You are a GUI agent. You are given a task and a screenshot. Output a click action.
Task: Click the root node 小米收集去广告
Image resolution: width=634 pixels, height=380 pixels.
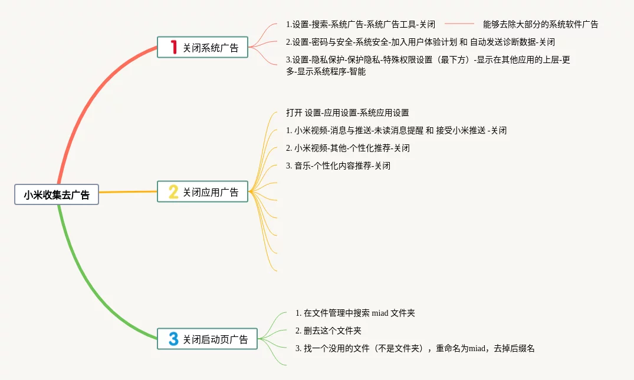(x=57, y=194)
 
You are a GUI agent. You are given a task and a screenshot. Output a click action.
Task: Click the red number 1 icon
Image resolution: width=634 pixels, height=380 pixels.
(x=173, y=48)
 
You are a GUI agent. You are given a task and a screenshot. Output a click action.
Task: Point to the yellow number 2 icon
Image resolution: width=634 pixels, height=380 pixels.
(x=173, y=192)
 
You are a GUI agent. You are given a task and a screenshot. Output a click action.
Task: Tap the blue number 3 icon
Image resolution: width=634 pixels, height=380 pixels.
(x=173, y=339)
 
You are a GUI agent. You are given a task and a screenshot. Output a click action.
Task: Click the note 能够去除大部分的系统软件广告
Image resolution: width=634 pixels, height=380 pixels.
(x=540, y=24)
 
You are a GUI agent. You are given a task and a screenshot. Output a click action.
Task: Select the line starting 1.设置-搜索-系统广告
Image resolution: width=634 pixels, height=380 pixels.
(x=360, y=24)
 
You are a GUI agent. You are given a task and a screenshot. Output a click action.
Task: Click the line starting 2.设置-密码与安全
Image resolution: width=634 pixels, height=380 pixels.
(x=420, y=42)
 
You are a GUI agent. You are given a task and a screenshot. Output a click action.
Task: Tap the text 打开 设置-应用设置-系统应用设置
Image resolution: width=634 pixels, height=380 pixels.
(x=347, y=113)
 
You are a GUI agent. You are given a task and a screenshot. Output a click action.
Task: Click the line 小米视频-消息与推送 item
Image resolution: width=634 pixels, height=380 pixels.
(x=396, y=130)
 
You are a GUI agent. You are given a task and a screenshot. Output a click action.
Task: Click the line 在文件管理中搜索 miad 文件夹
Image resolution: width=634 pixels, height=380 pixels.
(x=355, y=313)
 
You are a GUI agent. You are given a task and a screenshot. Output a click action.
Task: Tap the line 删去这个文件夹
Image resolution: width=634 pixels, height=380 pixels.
(x=329, y=331)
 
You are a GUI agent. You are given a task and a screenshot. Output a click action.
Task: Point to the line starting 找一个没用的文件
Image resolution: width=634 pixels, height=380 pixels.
(x=415, y=348)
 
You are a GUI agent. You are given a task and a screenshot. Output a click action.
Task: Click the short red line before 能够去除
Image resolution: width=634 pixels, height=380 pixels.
(x=459, y=24)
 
